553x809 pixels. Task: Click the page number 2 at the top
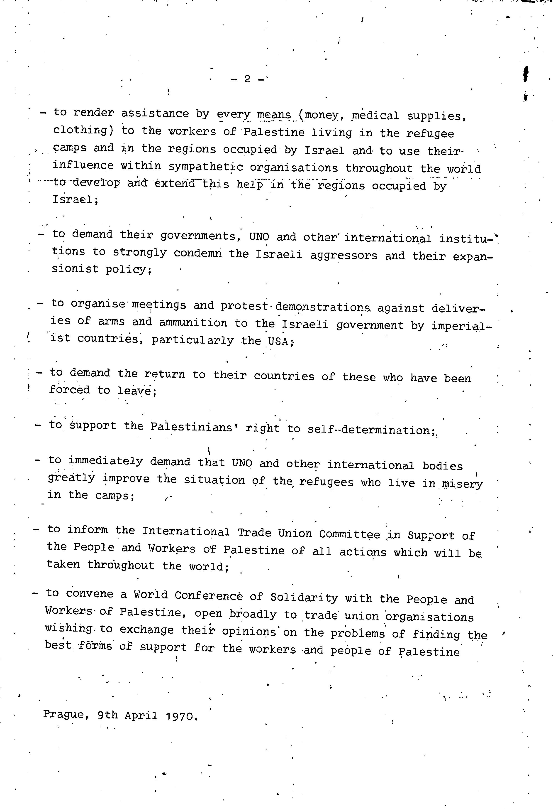247,79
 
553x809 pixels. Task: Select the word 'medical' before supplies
375,115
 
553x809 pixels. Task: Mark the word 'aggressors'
344,255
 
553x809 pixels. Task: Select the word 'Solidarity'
304,597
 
